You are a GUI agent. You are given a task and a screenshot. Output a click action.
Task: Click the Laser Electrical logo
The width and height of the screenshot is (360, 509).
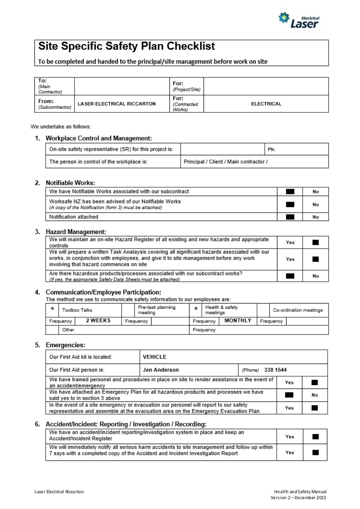click(299, 20)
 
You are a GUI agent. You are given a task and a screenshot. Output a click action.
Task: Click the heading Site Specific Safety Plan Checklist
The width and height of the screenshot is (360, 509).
click(126, 46)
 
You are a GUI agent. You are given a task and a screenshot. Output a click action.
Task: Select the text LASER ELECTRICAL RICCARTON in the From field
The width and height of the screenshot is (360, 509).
click(116, 104)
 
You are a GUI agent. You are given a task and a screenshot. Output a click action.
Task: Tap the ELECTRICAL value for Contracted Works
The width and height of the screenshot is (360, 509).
click(266, 104)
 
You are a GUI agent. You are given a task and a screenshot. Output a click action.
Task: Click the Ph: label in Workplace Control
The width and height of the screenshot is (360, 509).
click(271, 149)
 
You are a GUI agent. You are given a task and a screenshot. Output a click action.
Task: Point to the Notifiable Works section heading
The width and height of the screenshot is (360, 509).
click(70, 183)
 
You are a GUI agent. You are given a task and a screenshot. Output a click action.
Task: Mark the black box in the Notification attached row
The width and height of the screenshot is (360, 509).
click(290, 217)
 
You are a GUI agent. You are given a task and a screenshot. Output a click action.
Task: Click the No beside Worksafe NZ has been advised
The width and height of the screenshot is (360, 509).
click(316, 204)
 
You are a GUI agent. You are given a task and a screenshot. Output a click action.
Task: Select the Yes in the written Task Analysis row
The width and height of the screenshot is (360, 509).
click(290, 259)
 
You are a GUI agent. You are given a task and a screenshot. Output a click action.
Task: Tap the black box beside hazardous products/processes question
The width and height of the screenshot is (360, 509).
click(290, 276)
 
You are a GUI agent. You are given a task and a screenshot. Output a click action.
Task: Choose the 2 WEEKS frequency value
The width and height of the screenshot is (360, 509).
click(98, 321)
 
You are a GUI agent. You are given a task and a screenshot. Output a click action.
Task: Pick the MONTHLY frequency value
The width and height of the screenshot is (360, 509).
click(238, 321)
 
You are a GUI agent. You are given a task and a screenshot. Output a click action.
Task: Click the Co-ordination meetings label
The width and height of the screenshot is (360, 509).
click(298, 310)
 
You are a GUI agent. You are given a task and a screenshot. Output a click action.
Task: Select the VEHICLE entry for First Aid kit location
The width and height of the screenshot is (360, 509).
click(154, 357)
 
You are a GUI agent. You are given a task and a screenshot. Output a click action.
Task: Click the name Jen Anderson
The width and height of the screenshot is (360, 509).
click(161, 370)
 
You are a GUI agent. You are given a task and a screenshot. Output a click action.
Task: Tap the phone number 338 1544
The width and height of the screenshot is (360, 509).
click(275, 370)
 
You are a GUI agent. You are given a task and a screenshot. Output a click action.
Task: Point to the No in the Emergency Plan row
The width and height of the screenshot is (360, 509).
click(315, 395)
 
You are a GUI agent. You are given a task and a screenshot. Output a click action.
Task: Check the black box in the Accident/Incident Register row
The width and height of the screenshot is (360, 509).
click(315, 437)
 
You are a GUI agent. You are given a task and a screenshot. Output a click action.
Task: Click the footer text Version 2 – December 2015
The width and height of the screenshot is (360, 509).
click(298, 497)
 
